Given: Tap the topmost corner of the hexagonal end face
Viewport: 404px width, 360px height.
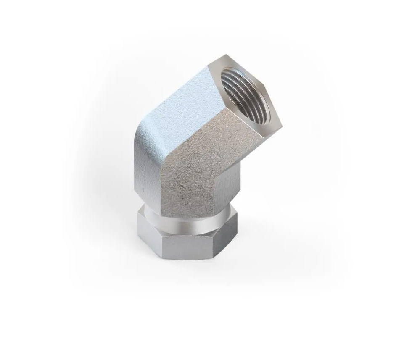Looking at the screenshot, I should click(x=226, y=55).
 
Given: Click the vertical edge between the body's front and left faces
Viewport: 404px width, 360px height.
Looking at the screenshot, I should click(x=162, y=185).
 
